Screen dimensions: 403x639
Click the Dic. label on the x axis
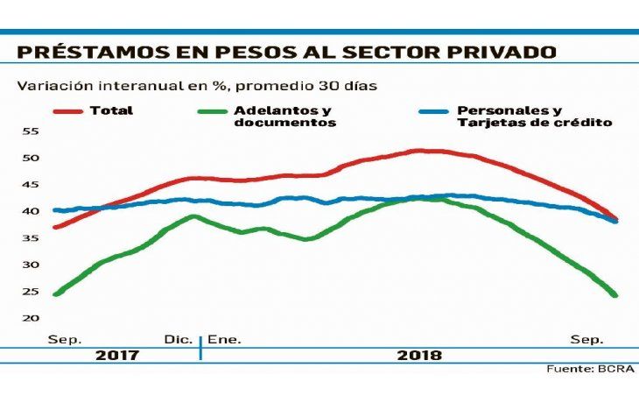pos(179,338)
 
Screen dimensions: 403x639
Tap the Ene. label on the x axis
pos(224,338)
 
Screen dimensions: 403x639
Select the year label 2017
pos(117,356)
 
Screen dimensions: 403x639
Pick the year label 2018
pos(419,356)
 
